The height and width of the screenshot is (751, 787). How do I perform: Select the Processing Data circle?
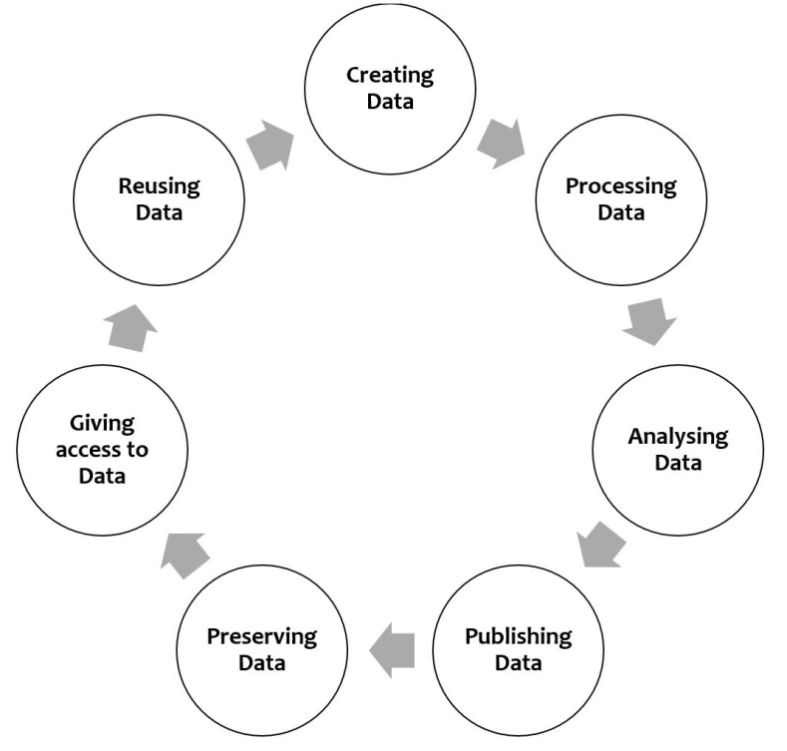pos(619,198)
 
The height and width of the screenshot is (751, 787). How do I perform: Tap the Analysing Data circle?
pos(677,450)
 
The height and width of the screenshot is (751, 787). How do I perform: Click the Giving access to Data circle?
pos(102,450)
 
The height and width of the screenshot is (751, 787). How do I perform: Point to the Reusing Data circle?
pos(159,198)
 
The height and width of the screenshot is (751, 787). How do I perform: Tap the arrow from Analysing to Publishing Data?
pos(601,545)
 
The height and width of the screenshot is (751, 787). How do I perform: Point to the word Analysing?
pos(677,437)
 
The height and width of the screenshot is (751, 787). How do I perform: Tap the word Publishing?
pos(518,635)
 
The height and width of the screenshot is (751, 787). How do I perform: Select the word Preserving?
pos(261,635)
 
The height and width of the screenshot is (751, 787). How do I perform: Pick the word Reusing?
pos(159,186)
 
